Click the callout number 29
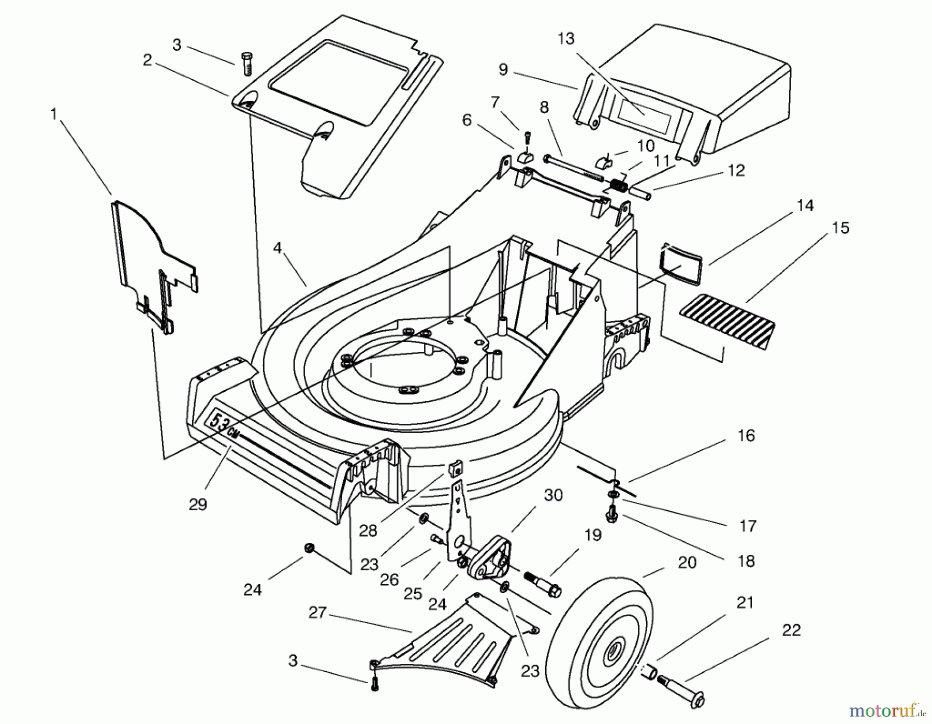coord(198,504)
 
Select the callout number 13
coord(566,39)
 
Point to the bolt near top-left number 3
coord(247,63)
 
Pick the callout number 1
coord(53,114)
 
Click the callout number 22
coord(791,630)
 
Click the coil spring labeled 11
coord(618,184)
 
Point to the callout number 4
coord(278,248)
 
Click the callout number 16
coord(746,436)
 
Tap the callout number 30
coord(553,495)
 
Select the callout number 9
coord(503,69)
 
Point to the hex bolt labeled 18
coord(611,515)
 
